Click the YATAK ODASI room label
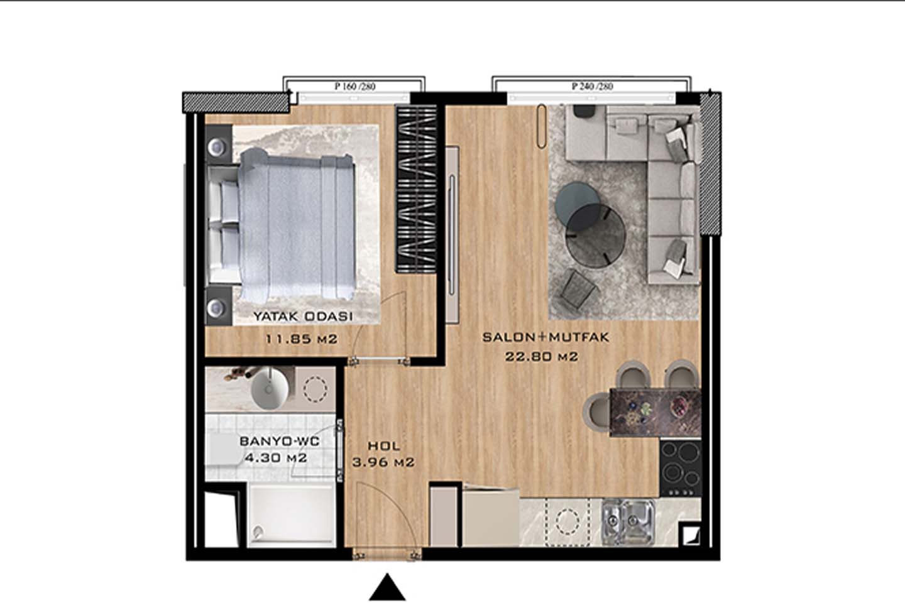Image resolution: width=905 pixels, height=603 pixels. click(x=303, y=316)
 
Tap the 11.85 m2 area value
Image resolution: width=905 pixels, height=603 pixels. click(x=302, y=339)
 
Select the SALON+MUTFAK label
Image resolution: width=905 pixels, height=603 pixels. click(x=546, y=337)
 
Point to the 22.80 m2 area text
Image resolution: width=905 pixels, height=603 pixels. click(x=541, y=357)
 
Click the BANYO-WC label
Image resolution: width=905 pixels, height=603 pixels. click(x=280, y=441)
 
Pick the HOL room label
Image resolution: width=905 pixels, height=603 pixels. click(x=384, y=446)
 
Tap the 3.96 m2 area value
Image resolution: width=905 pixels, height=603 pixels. click(x=383, y=462)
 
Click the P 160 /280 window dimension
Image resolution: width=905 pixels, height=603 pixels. click(x=355, y=87)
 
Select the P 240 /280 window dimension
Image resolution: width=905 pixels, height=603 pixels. click(x=592, y=87)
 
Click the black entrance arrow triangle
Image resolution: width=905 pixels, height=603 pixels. click(x=387, y=588)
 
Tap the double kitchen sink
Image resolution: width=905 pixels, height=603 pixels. click(x=627, y=521)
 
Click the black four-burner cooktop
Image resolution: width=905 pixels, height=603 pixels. click(x=681, y=469)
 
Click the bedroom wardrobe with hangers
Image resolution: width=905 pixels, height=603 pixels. click(x=417, y=189)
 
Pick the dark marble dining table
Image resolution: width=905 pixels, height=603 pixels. click(x=655, y=413)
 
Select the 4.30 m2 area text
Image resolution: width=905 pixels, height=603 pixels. click(x=276, y=458)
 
